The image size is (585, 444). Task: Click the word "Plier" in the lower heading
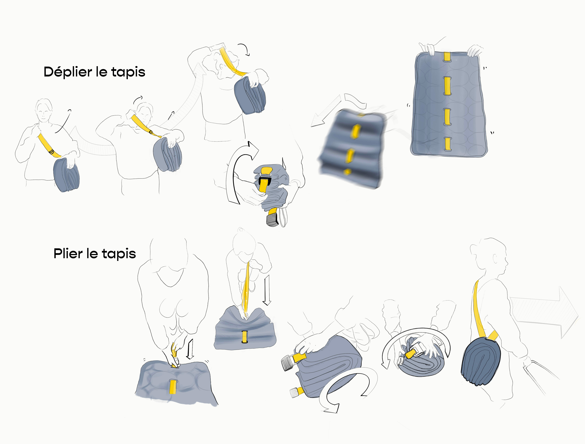[68, 254]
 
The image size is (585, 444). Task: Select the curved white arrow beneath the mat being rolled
[347, 391]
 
